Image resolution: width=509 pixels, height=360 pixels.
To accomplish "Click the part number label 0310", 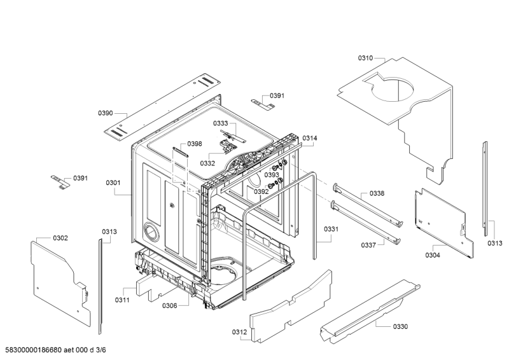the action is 365,58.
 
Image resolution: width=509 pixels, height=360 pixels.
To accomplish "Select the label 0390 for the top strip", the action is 106,113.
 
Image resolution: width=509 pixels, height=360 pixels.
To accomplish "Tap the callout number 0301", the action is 113,183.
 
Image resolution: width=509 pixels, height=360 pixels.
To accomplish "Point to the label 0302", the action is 60,239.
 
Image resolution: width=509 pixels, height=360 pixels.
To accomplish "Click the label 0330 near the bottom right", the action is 400,326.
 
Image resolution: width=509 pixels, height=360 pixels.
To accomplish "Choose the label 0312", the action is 239,332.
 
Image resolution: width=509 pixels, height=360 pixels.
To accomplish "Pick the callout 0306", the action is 169,305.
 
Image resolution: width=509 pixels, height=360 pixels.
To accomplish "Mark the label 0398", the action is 195,144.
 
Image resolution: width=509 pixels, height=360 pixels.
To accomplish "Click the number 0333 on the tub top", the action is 220,123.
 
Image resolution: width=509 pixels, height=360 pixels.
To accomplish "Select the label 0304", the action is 433,255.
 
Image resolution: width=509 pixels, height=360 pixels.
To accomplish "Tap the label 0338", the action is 377,193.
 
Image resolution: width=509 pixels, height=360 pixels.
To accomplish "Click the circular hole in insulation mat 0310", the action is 393,88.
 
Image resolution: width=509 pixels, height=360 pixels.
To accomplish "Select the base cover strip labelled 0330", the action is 370,311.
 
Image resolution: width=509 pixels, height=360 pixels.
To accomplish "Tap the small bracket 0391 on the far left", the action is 60,181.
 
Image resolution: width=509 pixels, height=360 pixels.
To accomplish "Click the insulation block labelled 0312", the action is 291,305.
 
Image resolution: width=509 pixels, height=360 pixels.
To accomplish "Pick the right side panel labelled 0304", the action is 443,223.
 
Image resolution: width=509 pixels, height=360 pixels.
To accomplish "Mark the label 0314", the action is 310,138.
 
